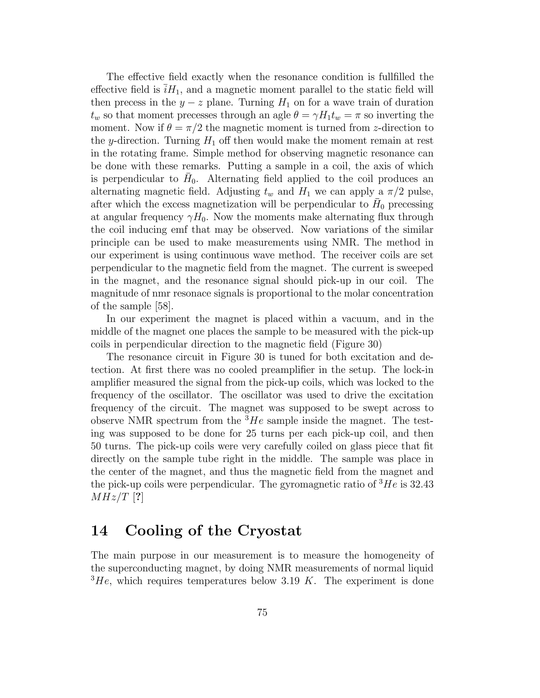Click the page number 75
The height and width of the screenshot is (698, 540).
262,613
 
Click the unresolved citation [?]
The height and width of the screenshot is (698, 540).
138,498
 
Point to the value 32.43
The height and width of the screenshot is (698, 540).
422,484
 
